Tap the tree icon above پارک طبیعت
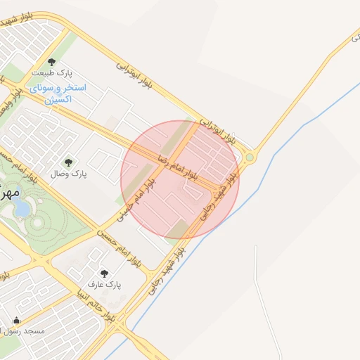(x=51, y=62)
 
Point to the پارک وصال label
(x=69, y=173)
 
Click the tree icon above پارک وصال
(x=68, y=162)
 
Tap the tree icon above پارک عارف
(x=104, y=274)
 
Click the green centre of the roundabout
(x=249, y=158)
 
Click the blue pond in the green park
(x=22, y=208)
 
